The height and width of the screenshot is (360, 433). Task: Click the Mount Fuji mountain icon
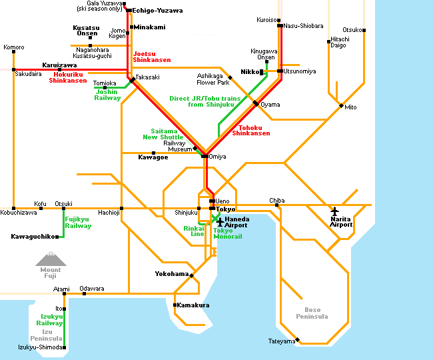click(x=51, y=259)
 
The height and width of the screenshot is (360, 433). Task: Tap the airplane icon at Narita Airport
click(x=334, y=211)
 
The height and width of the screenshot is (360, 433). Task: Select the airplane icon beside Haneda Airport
click(x=220, y=222)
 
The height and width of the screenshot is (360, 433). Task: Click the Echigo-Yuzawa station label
click(x=157, y=11)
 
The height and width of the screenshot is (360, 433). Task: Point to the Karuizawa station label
click(x=59, y=65)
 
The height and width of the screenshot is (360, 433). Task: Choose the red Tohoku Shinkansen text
click(x=250, y=131)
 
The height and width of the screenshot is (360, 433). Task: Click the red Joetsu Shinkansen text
click(x=152, y=57)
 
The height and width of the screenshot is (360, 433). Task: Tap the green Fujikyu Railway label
click(x=78, y=223)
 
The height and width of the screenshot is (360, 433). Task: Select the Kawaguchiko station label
click(x=33, y=237)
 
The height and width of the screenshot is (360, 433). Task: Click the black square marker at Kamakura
click(x=175, y=305)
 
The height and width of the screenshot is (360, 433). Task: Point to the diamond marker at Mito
click(x=341, y=105)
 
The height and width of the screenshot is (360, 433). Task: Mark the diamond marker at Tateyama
click(x=297, y=339)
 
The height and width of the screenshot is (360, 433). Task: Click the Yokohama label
click(x=172, y=274)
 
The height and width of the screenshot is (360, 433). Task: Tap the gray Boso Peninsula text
click(x=312, y=313)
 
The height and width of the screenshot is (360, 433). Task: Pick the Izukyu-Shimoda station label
click(x=40, y=347)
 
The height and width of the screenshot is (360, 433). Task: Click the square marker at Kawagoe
click(x=153, y=153)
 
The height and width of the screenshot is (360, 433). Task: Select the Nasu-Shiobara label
click(x=303, y=26)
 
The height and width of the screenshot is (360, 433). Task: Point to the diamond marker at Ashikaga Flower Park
click(x=230, y=77)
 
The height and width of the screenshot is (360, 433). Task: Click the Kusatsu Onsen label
click(x=86, y=31)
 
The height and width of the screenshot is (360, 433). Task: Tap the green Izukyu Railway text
click(x=50, y=319)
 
